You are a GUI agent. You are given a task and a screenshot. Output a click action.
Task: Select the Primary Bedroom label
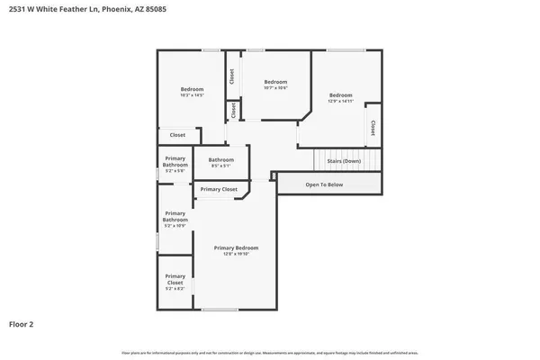(236, 247)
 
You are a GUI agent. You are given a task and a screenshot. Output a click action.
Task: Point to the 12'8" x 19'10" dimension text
(236, 254)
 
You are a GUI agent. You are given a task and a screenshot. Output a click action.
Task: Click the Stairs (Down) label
(343, 160)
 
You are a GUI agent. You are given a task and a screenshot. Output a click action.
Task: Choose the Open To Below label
(324, 184)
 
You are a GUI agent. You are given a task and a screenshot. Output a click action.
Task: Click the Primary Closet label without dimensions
(219, 189)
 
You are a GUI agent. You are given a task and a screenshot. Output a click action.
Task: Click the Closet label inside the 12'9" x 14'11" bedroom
(373, 128)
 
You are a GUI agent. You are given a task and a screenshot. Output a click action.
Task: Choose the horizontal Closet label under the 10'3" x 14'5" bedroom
(177, 135)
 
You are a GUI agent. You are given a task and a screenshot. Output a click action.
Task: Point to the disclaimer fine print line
(269, 352)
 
